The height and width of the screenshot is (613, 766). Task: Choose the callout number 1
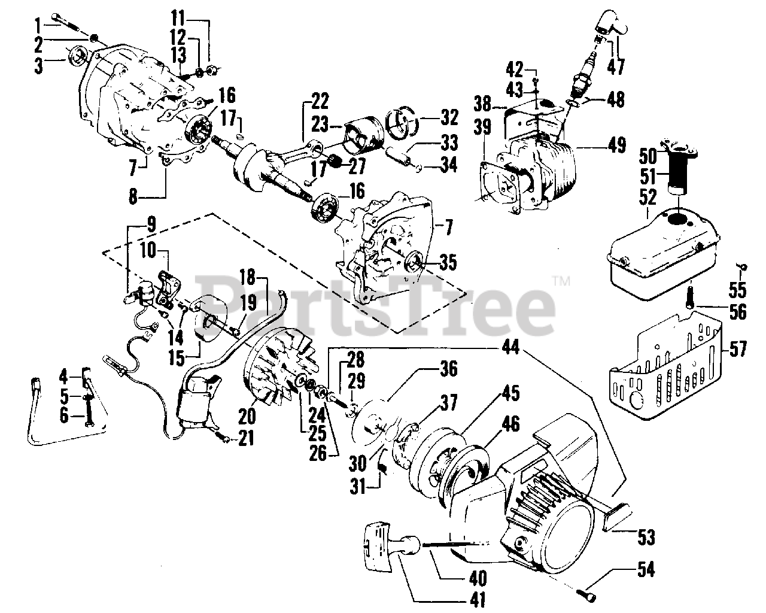point(37,25)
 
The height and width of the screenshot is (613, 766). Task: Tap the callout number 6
point(64,415)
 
